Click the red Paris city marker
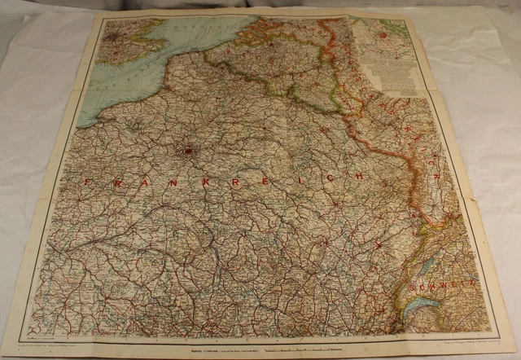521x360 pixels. (x=190, y=150)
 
